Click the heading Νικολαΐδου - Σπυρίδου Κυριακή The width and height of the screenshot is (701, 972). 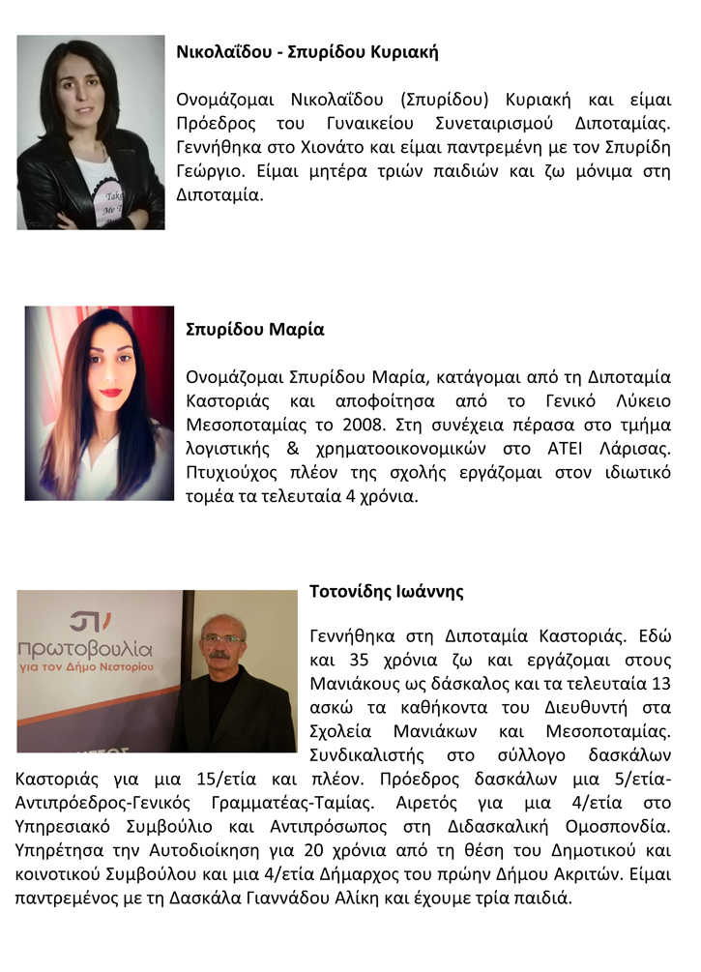[307, 52]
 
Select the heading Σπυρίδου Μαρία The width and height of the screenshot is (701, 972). [254, 329]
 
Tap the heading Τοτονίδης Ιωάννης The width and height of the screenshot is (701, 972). [387, 591]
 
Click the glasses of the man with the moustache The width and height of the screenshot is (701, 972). [221, 638]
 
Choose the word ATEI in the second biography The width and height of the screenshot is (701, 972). [545, 450]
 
